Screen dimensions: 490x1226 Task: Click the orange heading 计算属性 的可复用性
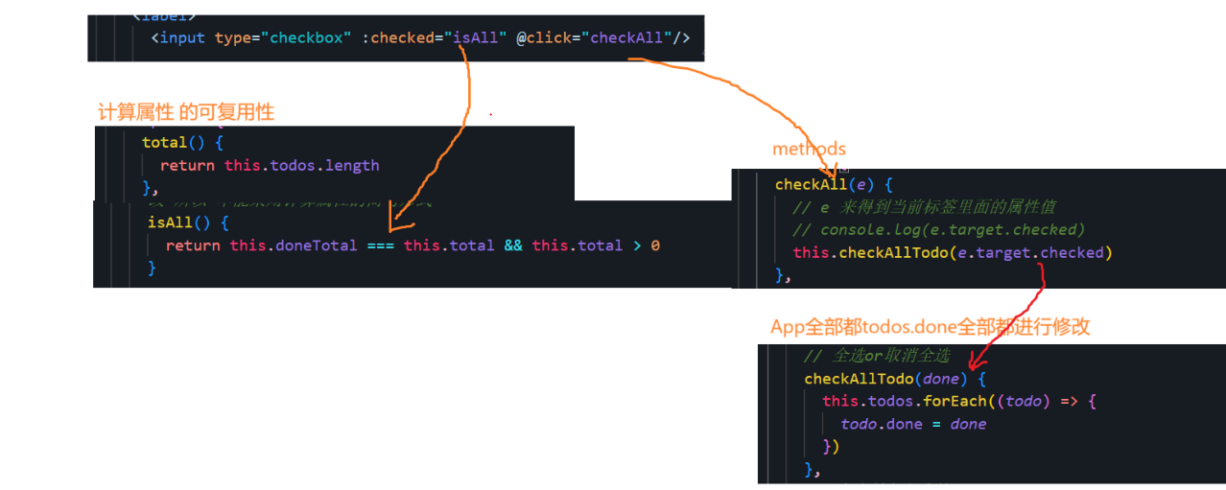186,112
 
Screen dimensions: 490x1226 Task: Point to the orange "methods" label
809,149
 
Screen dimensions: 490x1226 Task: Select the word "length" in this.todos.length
352,166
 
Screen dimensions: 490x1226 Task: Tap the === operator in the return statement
380,245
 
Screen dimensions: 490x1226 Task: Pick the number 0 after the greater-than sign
655,245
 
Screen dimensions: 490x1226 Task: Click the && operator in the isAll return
513,245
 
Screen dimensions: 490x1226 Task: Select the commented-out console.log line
938,230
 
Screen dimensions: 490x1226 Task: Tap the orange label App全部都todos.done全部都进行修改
930,327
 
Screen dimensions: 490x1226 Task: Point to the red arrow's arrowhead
973,364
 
